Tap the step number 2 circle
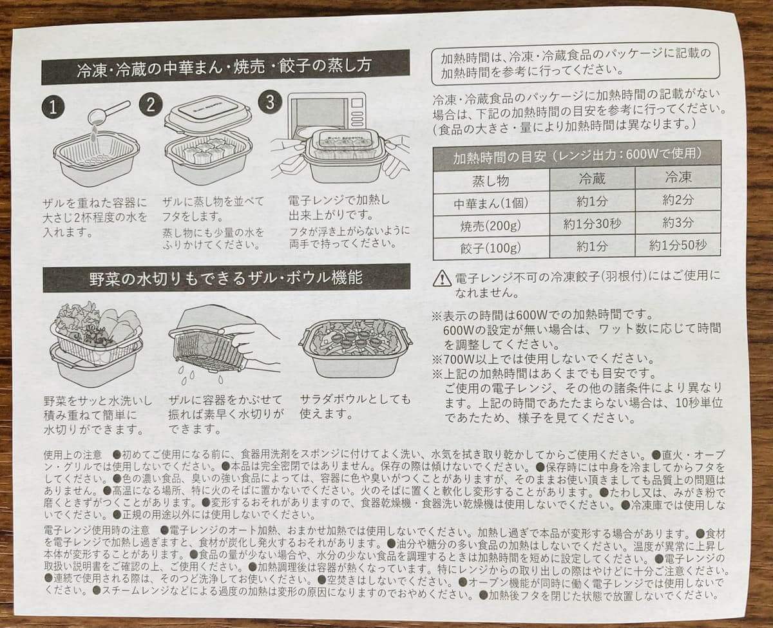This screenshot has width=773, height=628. point(150,104)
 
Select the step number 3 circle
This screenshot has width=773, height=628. point(269,102)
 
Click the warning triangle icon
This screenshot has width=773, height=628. point(442,278)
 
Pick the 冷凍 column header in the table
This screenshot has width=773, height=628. point(678,177)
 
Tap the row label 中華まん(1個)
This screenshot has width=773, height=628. point(491,202)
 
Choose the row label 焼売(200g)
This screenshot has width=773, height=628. point(491,224)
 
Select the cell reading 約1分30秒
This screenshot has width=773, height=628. point(592,224)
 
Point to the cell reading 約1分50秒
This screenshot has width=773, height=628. point(678,245)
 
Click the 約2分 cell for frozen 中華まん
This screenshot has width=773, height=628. point(678,200)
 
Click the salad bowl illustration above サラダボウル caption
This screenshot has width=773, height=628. point(356,348)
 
